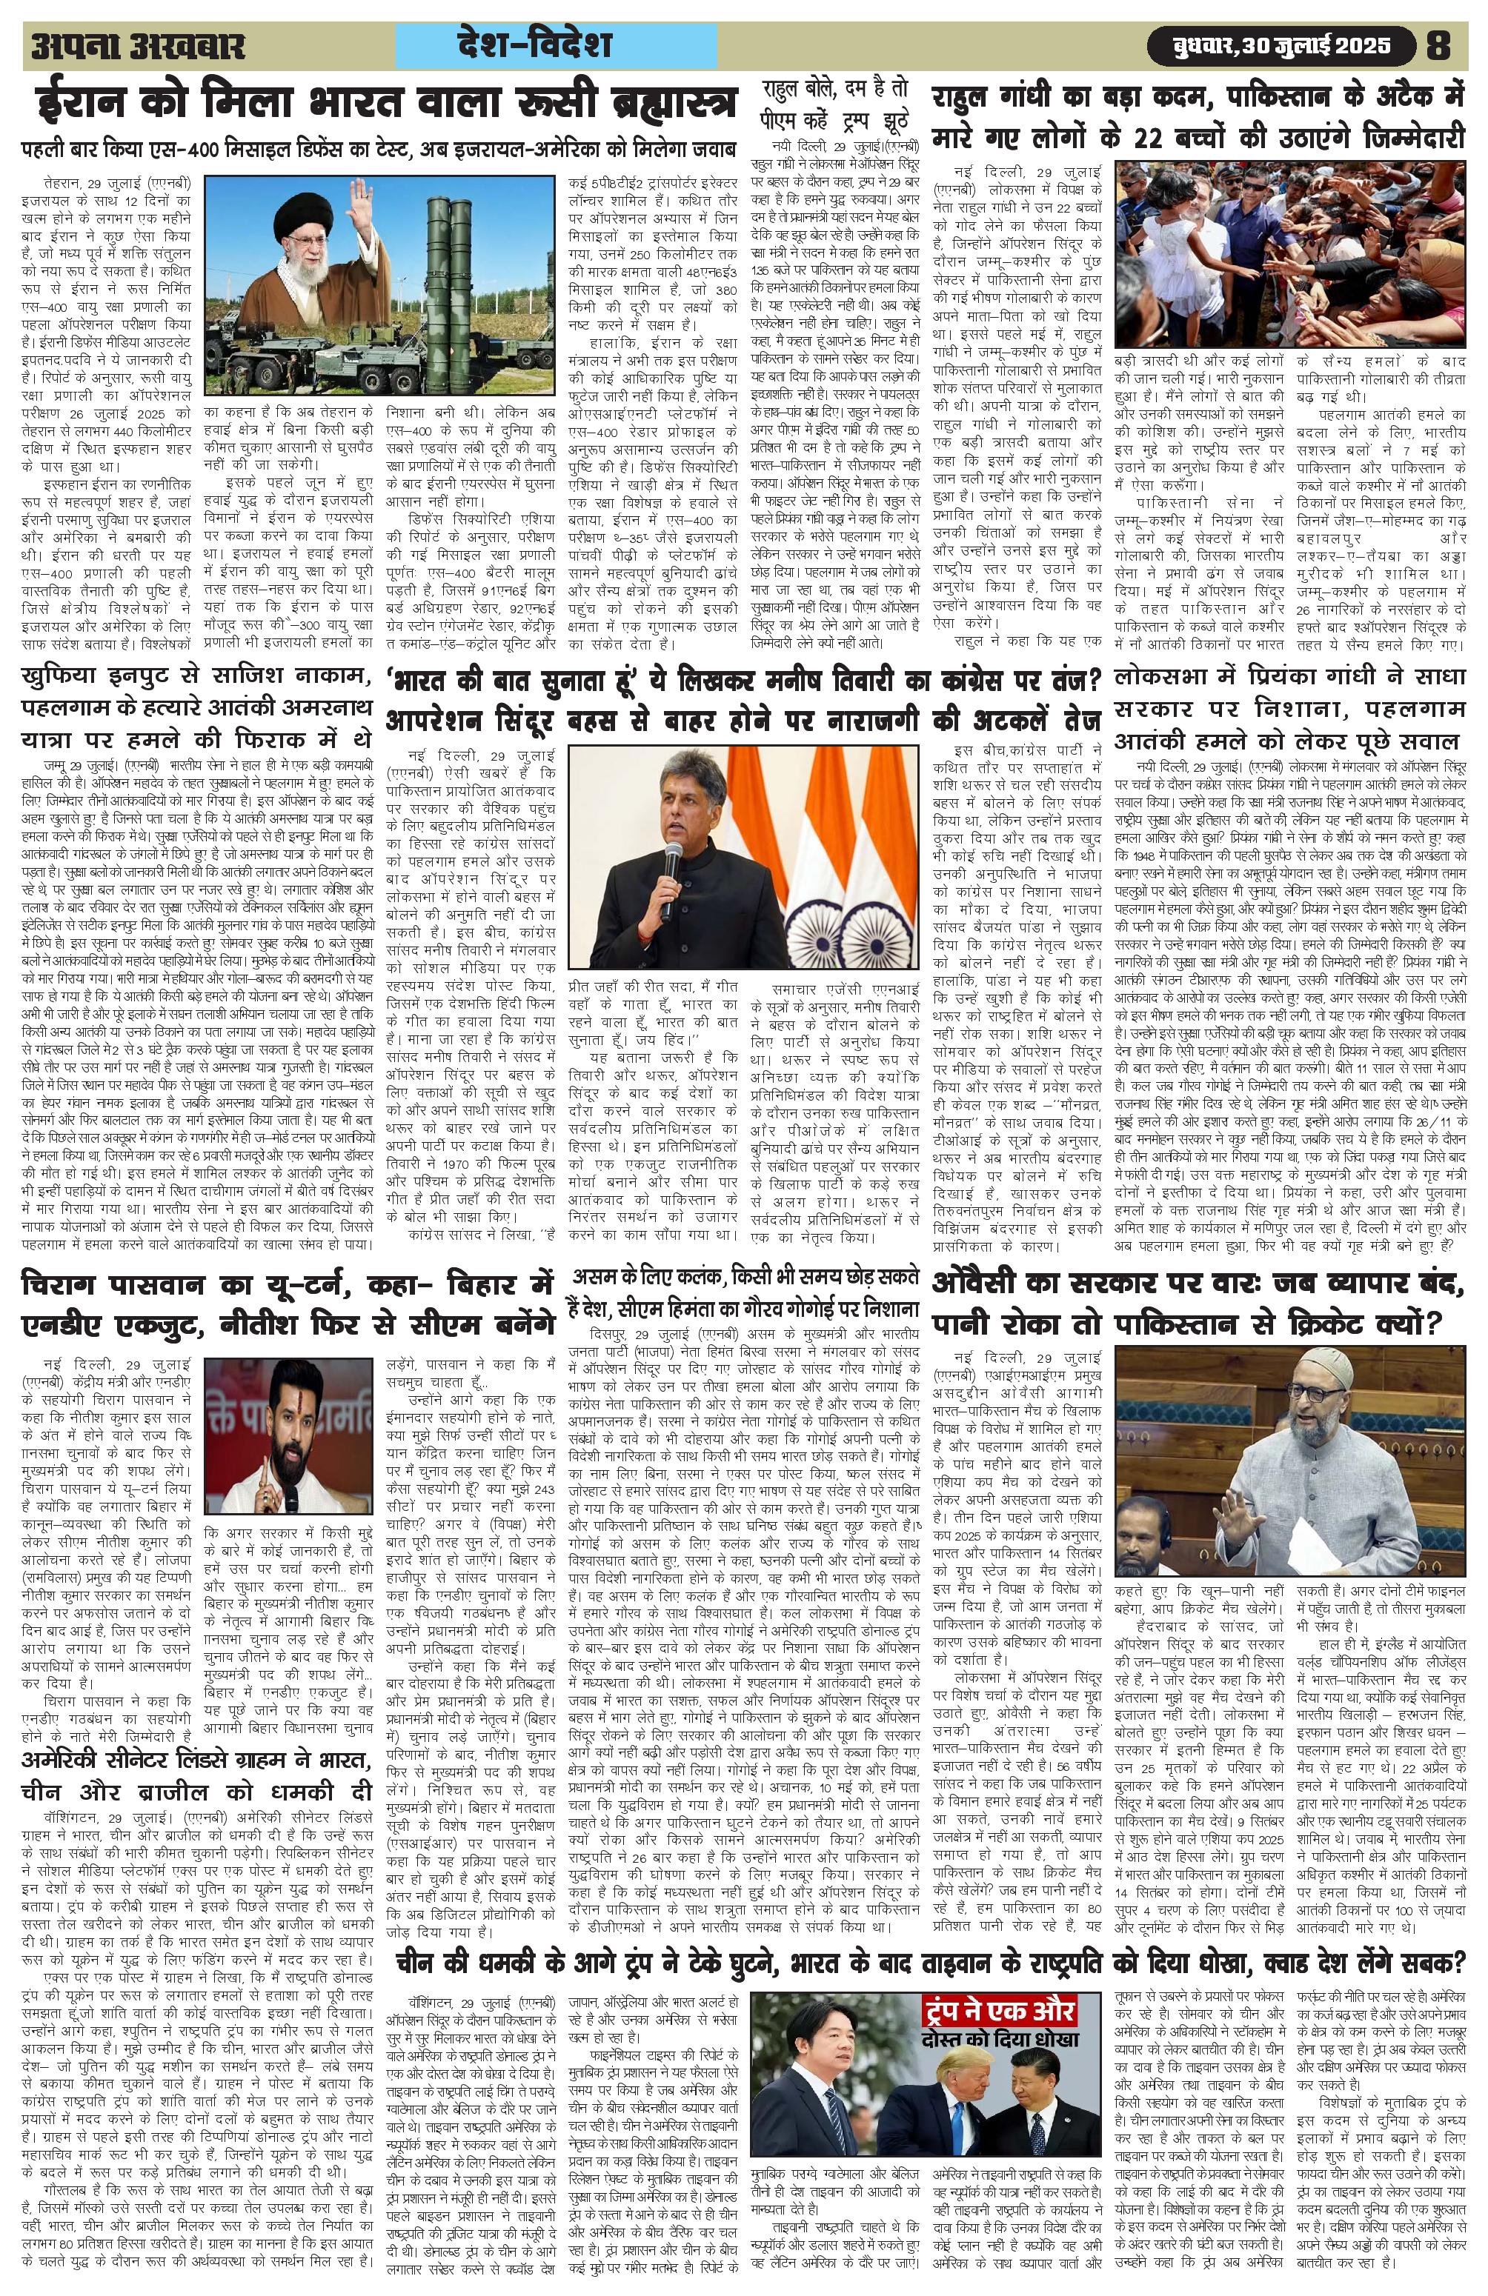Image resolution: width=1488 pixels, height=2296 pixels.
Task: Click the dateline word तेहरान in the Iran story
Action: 63,181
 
